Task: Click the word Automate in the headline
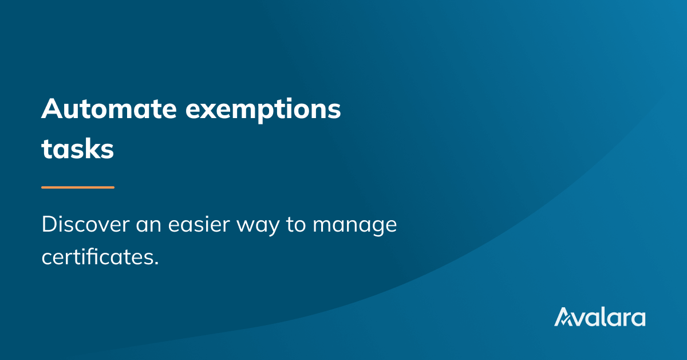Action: pos(109,108)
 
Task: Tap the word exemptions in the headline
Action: pos(263,110)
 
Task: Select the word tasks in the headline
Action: pos(78,149)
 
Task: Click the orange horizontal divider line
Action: pos(78,187)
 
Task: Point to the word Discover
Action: pos(85,224)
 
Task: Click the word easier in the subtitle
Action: pos(199,224)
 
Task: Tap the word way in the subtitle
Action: pos(258,226)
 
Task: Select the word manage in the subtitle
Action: pos(354,226)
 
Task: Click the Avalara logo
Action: pos(599,316)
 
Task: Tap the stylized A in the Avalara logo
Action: pos(564,316)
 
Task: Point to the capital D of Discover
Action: pos(50,224)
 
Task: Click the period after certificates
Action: pos(157,263)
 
